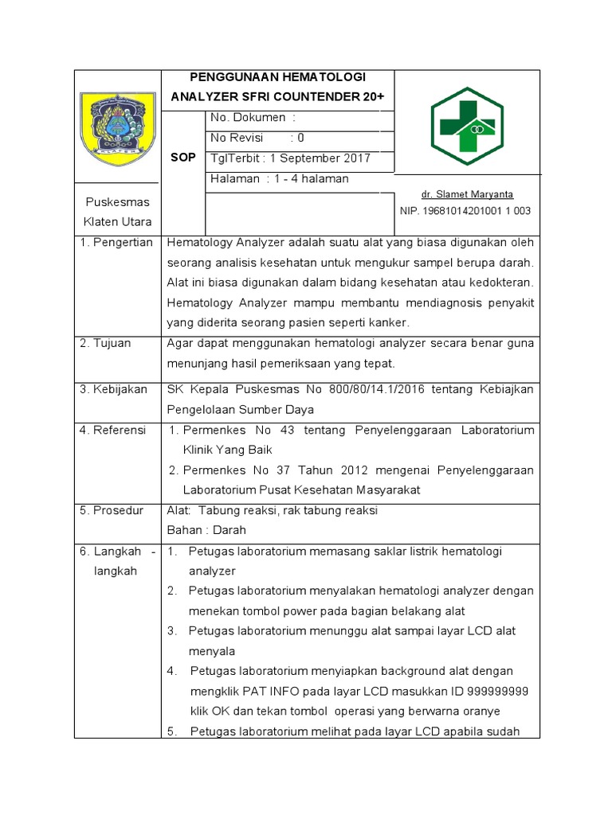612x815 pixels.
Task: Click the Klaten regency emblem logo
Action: pos(118,124)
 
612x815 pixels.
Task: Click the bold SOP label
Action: pos(183,158)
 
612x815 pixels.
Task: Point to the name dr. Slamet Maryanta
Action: pos(467,194)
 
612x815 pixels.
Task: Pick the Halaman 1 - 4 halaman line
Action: pos(279,179)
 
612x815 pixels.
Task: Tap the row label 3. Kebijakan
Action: pos(113,389)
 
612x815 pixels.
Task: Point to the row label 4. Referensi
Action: pos(112,430)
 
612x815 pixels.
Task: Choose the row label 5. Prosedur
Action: pos(112,510)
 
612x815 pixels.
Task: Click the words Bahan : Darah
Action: pos(206,530)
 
